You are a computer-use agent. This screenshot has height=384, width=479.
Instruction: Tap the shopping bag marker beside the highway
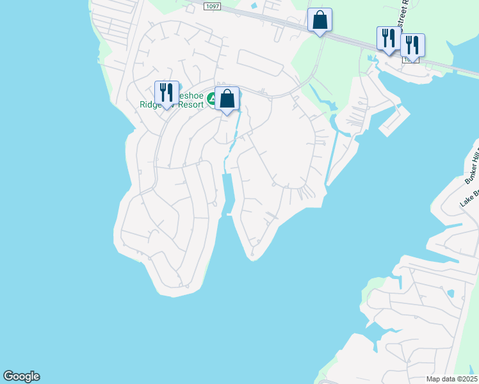[320, 20]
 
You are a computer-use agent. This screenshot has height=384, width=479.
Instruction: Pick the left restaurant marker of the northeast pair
[388, 38]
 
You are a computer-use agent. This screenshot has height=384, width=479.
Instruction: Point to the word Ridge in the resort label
[153, 105]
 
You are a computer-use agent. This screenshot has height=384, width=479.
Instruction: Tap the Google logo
[21, 376]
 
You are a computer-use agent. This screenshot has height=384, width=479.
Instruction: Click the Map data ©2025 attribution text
[452, 378]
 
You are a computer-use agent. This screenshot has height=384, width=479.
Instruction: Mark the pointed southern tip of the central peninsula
[252, 258]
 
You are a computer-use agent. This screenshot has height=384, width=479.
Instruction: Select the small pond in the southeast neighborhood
[451, 294]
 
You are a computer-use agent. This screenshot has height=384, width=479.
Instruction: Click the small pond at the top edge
[254, 6]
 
